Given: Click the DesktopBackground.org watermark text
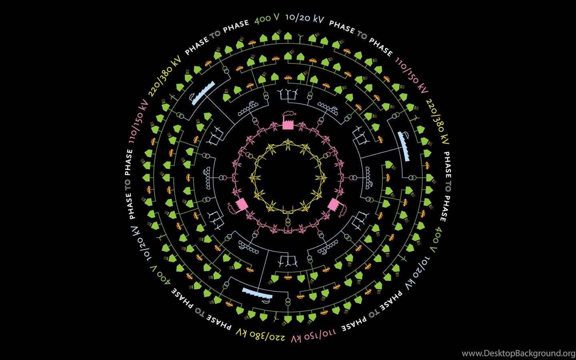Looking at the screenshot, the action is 518,354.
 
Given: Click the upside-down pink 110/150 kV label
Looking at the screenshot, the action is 313,335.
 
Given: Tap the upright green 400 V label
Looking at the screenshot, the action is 267,18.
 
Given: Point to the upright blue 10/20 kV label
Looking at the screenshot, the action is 305,18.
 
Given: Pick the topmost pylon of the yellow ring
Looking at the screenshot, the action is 288,144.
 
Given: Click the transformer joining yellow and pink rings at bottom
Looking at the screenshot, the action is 288,222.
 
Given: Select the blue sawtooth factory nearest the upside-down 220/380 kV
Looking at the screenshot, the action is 257,294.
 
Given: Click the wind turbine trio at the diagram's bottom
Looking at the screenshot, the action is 288,261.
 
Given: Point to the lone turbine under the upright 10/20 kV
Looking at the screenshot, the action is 300,38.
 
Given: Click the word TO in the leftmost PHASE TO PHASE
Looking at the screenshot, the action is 128,184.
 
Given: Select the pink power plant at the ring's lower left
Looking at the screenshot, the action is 239,206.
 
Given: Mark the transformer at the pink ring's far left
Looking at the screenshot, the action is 222,178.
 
